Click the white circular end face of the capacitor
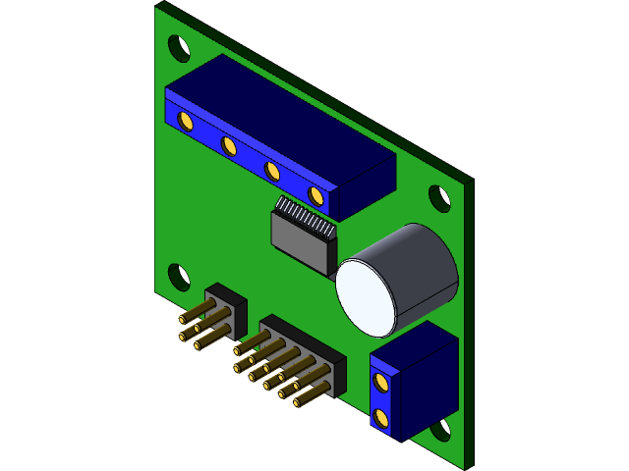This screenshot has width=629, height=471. click(365, 295)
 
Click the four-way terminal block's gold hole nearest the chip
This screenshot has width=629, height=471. click(315, 195)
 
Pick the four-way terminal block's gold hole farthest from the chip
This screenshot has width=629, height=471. click(185, 120)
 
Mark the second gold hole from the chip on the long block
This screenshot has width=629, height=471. click(273, 171)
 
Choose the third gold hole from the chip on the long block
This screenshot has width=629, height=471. click(229, 145)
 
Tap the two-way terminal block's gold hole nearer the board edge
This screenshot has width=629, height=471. click(382, 419)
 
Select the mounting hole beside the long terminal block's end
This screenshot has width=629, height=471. click(179, 47)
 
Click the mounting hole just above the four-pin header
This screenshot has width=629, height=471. click(179, 277)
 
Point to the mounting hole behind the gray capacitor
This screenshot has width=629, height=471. click(439, 198)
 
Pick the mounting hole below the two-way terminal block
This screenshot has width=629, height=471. click(439, 430)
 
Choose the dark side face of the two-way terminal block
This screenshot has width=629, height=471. click(429, 383)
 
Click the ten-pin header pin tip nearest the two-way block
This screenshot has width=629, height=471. click(298, 400)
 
